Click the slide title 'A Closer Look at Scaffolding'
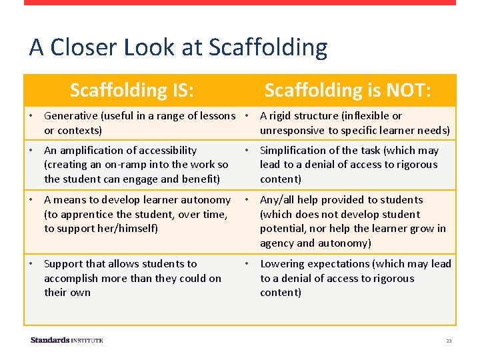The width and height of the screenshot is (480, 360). click(x=178, y=48)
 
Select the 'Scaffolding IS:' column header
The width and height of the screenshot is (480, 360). click(x=132, y=90)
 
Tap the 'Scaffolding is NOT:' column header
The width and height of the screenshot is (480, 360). click(x=347, y=90)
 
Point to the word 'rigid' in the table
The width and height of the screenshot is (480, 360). click(x=283, y=116)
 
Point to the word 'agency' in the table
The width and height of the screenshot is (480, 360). click(x=277, y=243)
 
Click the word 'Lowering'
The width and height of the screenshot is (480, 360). click(x=281, y=264)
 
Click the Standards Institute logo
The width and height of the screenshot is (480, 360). click(x=67, y=341)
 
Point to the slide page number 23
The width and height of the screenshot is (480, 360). click(x=449, y=341)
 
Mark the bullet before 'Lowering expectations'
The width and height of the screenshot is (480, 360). click(x=247, y=264)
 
